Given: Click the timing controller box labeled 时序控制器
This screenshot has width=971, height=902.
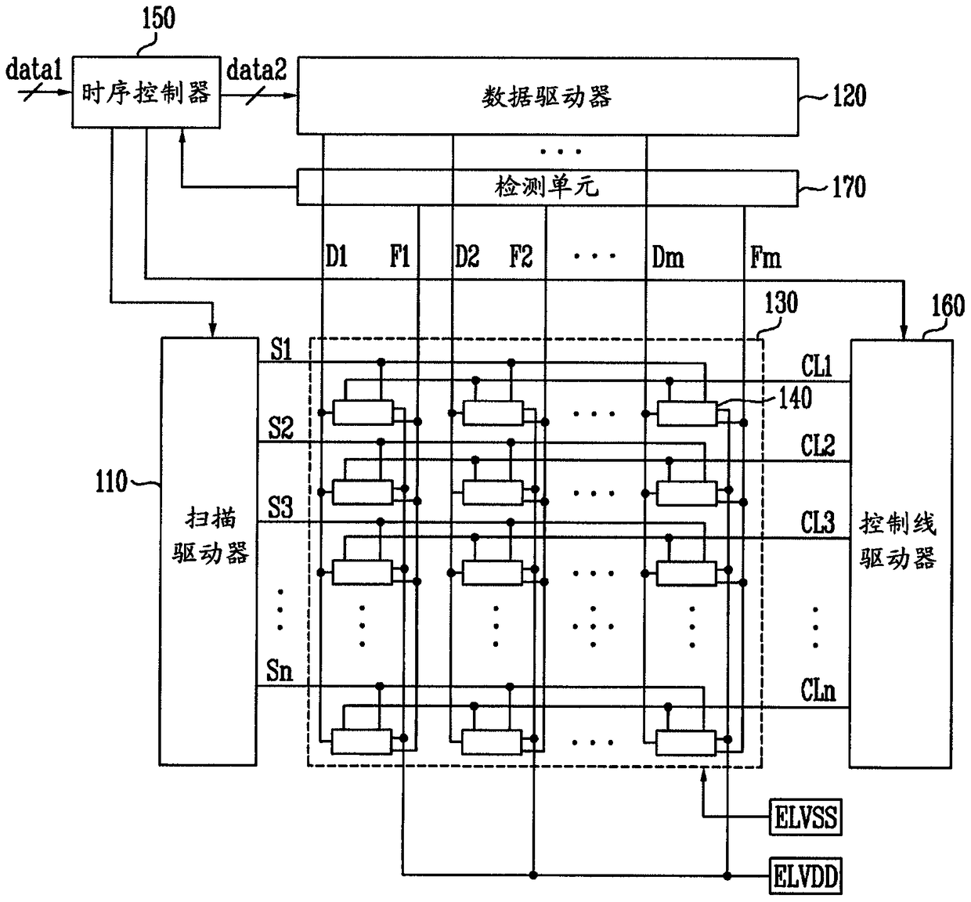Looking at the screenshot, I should click(146, 92).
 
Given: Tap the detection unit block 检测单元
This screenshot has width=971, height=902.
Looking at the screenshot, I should click(547, 187).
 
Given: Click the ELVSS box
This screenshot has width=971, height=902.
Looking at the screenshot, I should click(805, 819).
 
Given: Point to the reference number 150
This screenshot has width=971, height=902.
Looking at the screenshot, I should click(157, 17).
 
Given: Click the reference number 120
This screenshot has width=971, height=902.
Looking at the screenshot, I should click(848, 96).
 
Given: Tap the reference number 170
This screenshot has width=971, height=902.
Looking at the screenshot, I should click(848, 187).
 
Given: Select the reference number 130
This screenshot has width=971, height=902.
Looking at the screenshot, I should click(781, 302).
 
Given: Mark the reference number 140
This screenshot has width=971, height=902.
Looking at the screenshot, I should click(795, 399).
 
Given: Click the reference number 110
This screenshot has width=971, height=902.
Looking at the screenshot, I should click(111, 481).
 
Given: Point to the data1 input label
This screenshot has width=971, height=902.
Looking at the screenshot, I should click(33, 71).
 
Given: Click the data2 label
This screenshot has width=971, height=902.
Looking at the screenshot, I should click(256, 71).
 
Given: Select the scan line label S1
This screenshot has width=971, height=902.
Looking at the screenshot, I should click(281, 350).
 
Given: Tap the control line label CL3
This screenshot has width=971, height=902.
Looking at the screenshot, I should click(818, 522).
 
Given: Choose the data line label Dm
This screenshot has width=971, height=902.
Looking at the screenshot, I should click(667, 256).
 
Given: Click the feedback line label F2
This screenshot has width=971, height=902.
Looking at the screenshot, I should click(521, 256).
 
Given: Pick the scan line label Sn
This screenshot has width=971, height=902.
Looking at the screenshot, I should click(280, 670).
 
